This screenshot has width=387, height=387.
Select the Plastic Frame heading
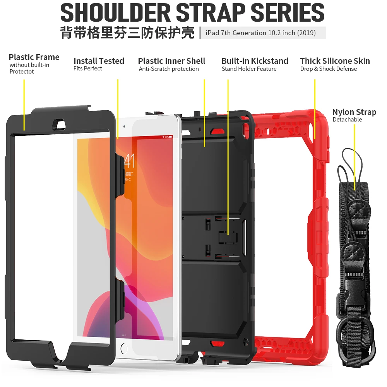coord(34,57)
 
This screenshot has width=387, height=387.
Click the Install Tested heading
coord(99,61)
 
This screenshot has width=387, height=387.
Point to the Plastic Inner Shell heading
coord(171,61)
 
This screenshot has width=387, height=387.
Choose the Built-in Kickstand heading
coord(255,61)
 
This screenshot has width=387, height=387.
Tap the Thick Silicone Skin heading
coord(335,61)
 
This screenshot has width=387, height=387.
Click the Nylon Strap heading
coord(354,112)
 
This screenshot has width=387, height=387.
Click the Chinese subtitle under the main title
coord(127,33)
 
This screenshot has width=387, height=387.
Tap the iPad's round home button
coord(125,348)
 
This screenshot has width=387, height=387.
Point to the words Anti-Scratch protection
coord(169,69)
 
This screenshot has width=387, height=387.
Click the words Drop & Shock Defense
coord(328,69)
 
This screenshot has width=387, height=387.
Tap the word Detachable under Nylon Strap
coord(347,120)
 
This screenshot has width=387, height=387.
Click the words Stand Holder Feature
coord(249,69)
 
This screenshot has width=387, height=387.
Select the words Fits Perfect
coord(87,68)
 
